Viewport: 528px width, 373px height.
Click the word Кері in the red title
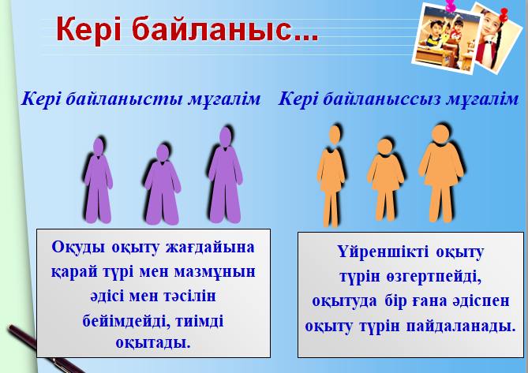[88, 29]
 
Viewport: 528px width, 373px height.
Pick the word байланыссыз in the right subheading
[382, 99]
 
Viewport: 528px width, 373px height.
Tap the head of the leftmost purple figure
[98, 147]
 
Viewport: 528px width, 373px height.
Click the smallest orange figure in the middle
[385, 180]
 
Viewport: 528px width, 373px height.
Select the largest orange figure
[440, 173]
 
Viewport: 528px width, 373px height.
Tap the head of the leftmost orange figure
[335, 135]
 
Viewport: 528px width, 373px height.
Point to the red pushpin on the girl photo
[504, 15]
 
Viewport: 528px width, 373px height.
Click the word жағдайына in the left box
[210, 247]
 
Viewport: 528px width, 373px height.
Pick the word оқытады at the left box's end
[153, 343]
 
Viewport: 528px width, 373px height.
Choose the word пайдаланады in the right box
[461, 326]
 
